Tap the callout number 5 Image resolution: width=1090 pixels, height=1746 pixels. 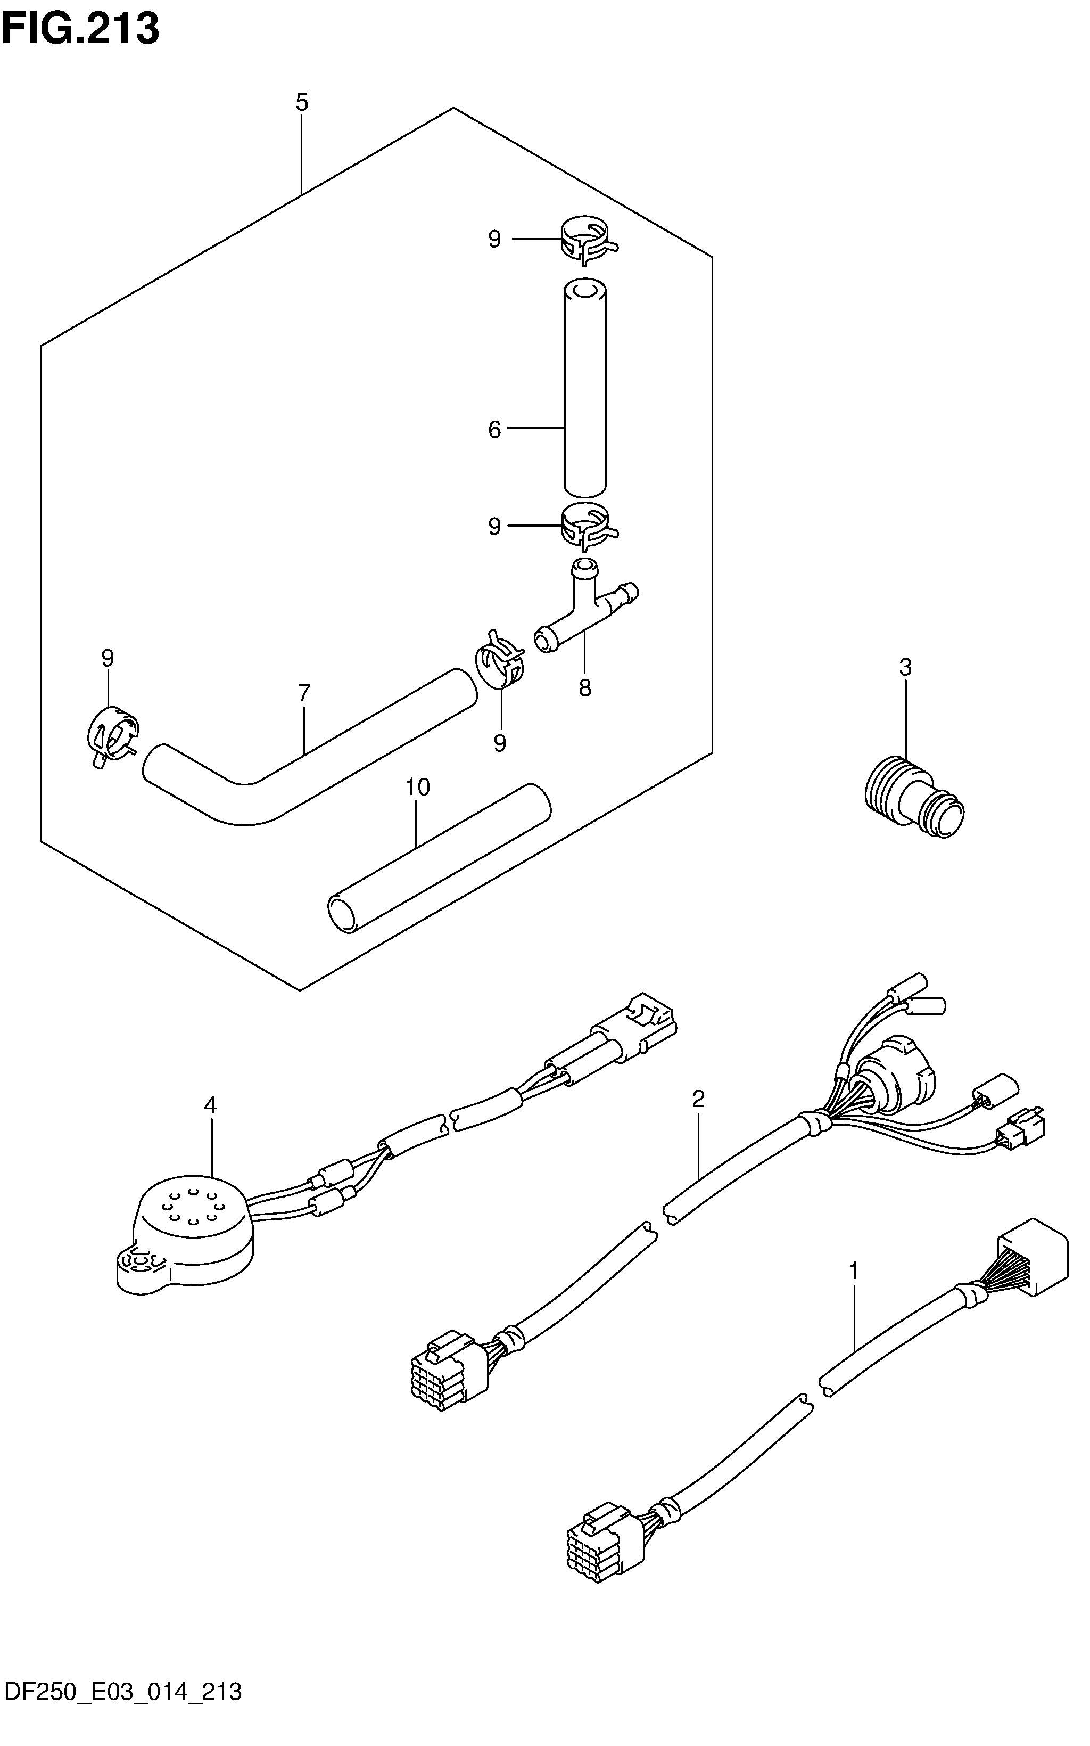tap(301, 102)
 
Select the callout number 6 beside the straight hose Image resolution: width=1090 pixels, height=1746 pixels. tap(494, 430)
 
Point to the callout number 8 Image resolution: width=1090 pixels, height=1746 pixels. tap(584, 688)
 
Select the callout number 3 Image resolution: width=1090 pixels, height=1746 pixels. tap(905, 667)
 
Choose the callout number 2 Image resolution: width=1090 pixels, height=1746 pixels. tap(698, 1099)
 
